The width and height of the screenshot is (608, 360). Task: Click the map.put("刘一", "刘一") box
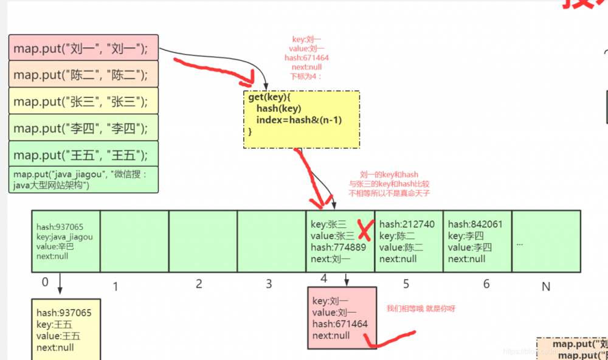coord(83,47)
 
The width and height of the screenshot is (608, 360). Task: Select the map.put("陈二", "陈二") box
coord(83,74)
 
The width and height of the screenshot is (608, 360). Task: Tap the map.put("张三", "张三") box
coord(83,101)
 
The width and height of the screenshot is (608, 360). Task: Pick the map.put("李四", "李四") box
coord(83,128)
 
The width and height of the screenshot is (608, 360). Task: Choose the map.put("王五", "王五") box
coord(83,154)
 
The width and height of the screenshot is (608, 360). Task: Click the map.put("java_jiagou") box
coord(83,179)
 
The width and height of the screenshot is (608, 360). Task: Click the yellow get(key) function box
coord(302,120)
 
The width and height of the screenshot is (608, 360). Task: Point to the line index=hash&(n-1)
coord(299,120)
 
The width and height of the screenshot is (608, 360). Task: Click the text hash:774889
coord(338,247)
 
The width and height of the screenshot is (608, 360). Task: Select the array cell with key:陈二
coord(409,241)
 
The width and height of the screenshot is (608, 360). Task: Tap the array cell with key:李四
coord(477,241)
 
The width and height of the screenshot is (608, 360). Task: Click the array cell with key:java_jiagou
coord(66,241)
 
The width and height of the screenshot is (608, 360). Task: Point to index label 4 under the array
coord(323,279)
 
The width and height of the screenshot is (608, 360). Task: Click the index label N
coord(546,286)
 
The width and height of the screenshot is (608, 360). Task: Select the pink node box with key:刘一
coord(342,318)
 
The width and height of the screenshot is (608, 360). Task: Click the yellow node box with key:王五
coord(66,329)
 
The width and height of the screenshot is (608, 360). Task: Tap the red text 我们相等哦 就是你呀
coord(421,309)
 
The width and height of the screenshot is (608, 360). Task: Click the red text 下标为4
coord(307,76)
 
